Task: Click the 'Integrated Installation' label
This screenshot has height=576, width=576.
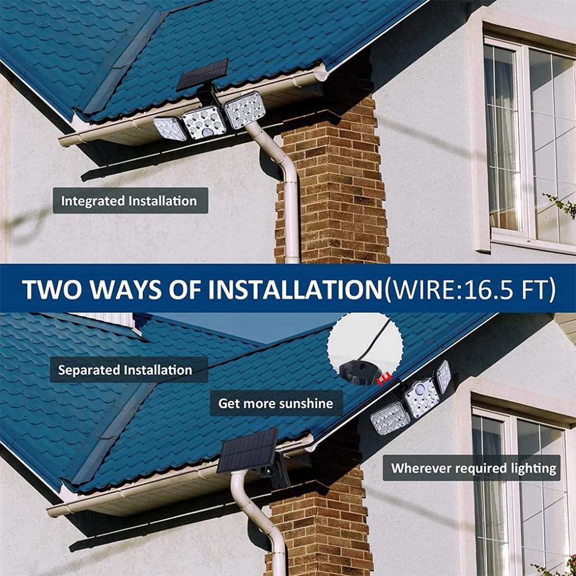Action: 130,201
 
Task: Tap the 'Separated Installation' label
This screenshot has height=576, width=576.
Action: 125,370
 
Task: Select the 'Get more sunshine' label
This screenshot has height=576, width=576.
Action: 275,403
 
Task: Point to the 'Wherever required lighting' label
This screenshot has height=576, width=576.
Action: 473,468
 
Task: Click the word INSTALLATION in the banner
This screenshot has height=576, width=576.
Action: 295,290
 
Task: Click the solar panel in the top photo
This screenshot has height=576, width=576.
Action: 202,74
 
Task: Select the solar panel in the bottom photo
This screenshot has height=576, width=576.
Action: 248,451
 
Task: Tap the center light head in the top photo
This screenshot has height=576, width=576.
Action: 204,123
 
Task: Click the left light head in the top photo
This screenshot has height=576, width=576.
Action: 170,128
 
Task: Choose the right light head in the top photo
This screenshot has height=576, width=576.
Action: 245,110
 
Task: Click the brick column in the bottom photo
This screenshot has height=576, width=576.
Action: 323,524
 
